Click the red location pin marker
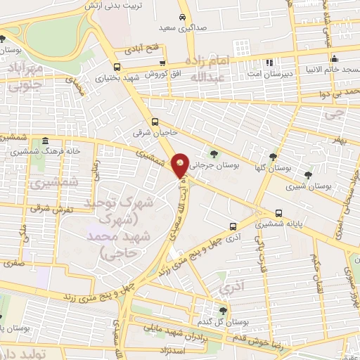tap(180, 165)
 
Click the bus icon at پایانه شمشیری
tap(279, 213)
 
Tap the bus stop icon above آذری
tap(232, 226)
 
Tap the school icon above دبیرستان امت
tap(270, 62)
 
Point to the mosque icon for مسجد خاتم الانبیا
tap(335, 58)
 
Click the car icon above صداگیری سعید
tap(182, 16)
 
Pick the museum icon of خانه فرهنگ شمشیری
tap(45, 140)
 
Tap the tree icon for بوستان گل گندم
tap(222, 309)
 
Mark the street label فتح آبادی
tap(143, 49)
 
